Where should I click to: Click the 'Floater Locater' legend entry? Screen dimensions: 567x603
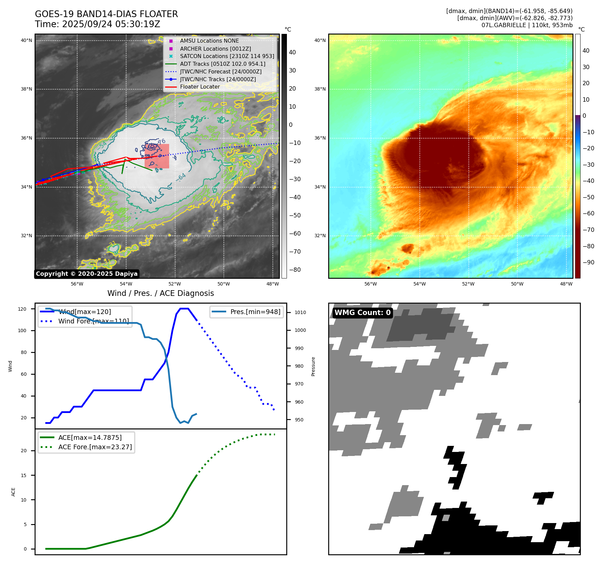(x=200, y=87)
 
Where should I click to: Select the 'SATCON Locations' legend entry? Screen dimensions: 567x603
(x=227, y=56)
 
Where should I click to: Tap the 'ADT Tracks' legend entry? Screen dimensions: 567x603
(x=222, y=64)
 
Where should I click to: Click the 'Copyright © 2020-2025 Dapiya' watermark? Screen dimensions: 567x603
(x=87, y=274)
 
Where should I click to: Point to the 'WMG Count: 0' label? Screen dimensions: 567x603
(x=362, y=313)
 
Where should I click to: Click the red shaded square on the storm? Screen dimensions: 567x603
(x=157, y=156)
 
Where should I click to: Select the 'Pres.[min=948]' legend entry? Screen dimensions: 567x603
(x=255, y=312)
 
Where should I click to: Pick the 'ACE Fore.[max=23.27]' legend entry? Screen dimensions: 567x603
(x=95, y=447)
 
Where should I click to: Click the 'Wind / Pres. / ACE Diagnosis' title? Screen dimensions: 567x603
(x=160, y=294)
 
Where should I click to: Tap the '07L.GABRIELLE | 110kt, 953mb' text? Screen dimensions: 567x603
(x=527, y=25)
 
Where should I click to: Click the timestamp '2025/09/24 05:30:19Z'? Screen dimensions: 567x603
(x=111, y=24)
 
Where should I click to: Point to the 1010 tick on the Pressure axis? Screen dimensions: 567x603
(x=300, y=312)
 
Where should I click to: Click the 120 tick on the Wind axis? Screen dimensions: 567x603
(x=22, y=309)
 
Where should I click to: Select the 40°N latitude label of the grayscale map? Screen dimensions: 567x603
(x=27, y=41)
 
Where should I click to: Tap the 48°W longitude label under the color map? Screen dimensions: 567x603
(x=566, y=284)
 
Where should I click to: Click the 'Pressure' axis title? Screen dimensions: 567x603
(x=313, y=366)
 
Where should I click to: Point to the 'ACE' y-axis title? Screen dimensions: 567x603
(x=13, y=492)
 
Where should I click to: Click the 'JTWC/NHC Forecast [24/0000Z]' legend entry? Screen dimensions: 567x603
(x=220, y=72)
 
